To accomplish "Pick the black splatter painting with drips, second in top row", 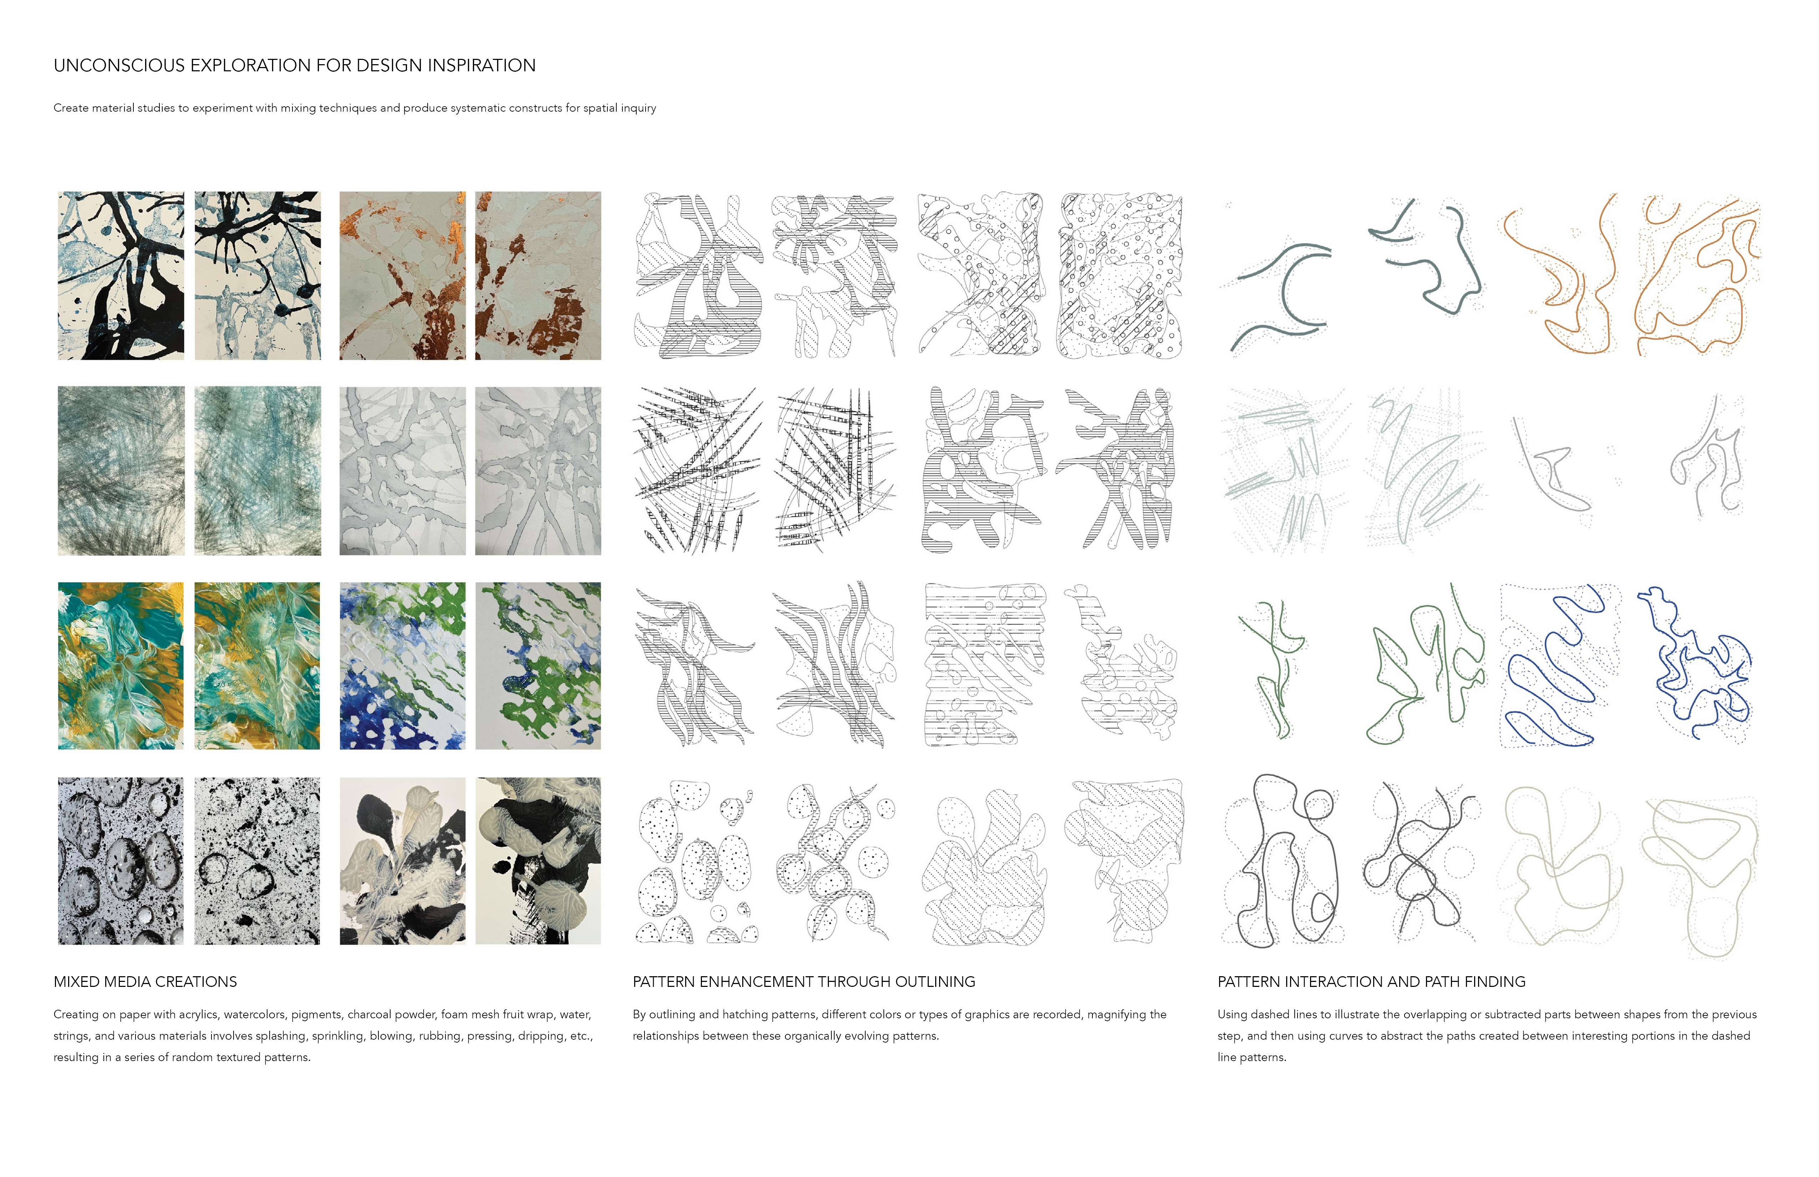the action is coord(258,275).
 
